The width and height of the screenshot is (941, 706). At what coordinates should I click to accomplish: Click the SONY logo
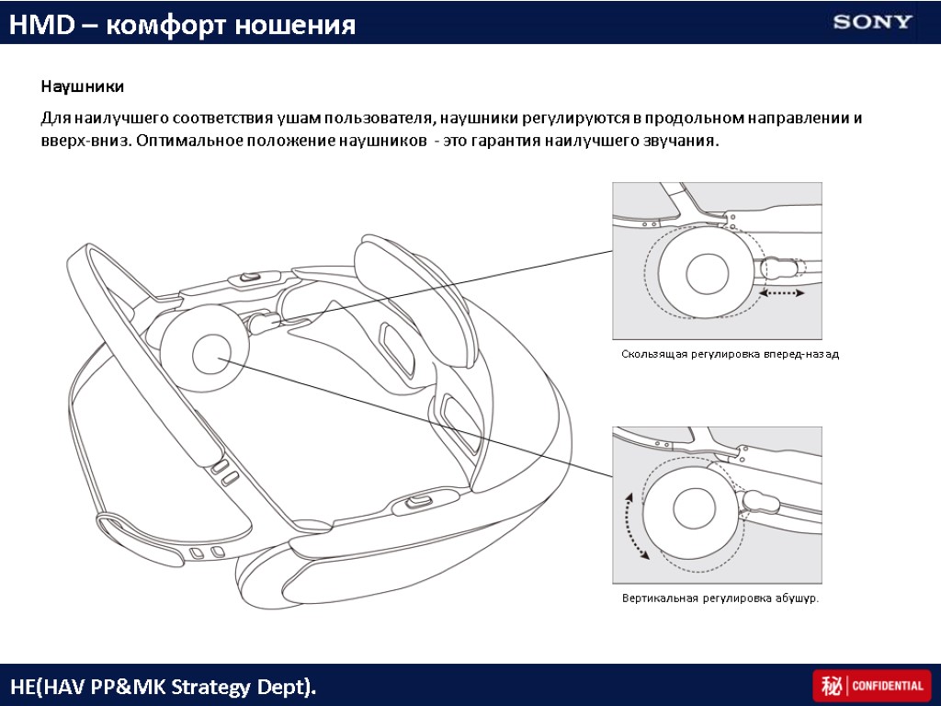[873, 22]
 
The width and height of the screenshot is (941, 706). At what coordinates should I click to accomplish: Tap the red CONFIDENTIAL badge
[871, 686]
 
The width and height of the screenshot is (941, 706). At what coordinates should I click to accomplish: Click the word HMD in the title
[34, 25]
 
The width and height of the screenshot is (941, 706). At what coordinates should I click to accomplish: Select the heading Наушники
[81, 87]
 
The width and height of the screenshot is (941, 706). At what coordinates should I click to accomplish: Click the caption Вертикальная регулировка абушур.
[720, 598]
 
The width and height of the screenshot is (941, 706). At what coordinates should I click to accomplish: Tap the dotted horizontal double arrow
[783, 293]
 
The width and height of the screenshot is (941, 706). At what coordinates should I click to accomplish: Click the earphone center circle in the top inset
[709, 272]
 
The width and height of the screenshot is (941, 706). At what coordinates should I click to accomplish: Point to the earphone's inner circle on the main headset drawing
[212, 354]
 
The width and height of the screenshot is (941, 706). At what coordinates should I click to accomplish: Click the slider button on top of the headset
[249, 277]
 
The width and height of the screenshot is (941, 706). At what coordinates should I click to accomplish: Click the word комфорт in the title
[167, 25]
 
